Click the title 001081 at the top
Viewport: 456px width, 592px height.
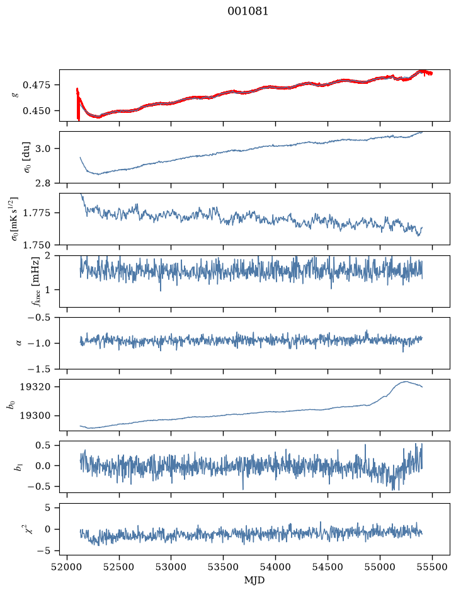pos(248,11)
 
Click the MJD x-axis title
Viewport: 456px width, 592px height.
pos(254,580)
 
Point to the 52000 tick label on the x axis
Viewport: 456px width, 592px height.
pos(67,567)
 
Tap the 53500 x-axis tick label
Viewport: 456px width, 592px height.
pos(224,567)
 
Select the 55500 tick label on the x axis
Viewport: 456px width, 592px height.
pos(432,567)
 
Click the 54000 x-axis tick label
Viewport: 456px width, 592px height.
pos(275,567)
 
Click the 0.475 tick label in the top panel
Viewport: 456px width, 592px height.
pos(36,85)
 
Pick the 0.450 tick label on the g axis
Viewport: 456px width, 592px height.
pos(36,111)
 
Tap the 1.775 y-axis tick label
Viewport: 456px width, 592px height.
pos(36,213)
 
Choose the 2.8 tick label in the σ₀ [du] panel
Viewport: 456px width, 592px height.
pos(43,183)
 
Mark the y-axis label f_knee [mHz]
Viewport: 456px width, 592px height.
pos(35,282)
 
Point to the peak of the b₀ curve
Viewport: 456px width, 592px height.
pos(406,381)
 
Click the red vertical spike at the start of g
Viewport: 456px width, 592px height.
pos(78,104)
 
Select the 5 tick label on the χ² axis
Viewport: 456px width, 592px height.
pos(47,508)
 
